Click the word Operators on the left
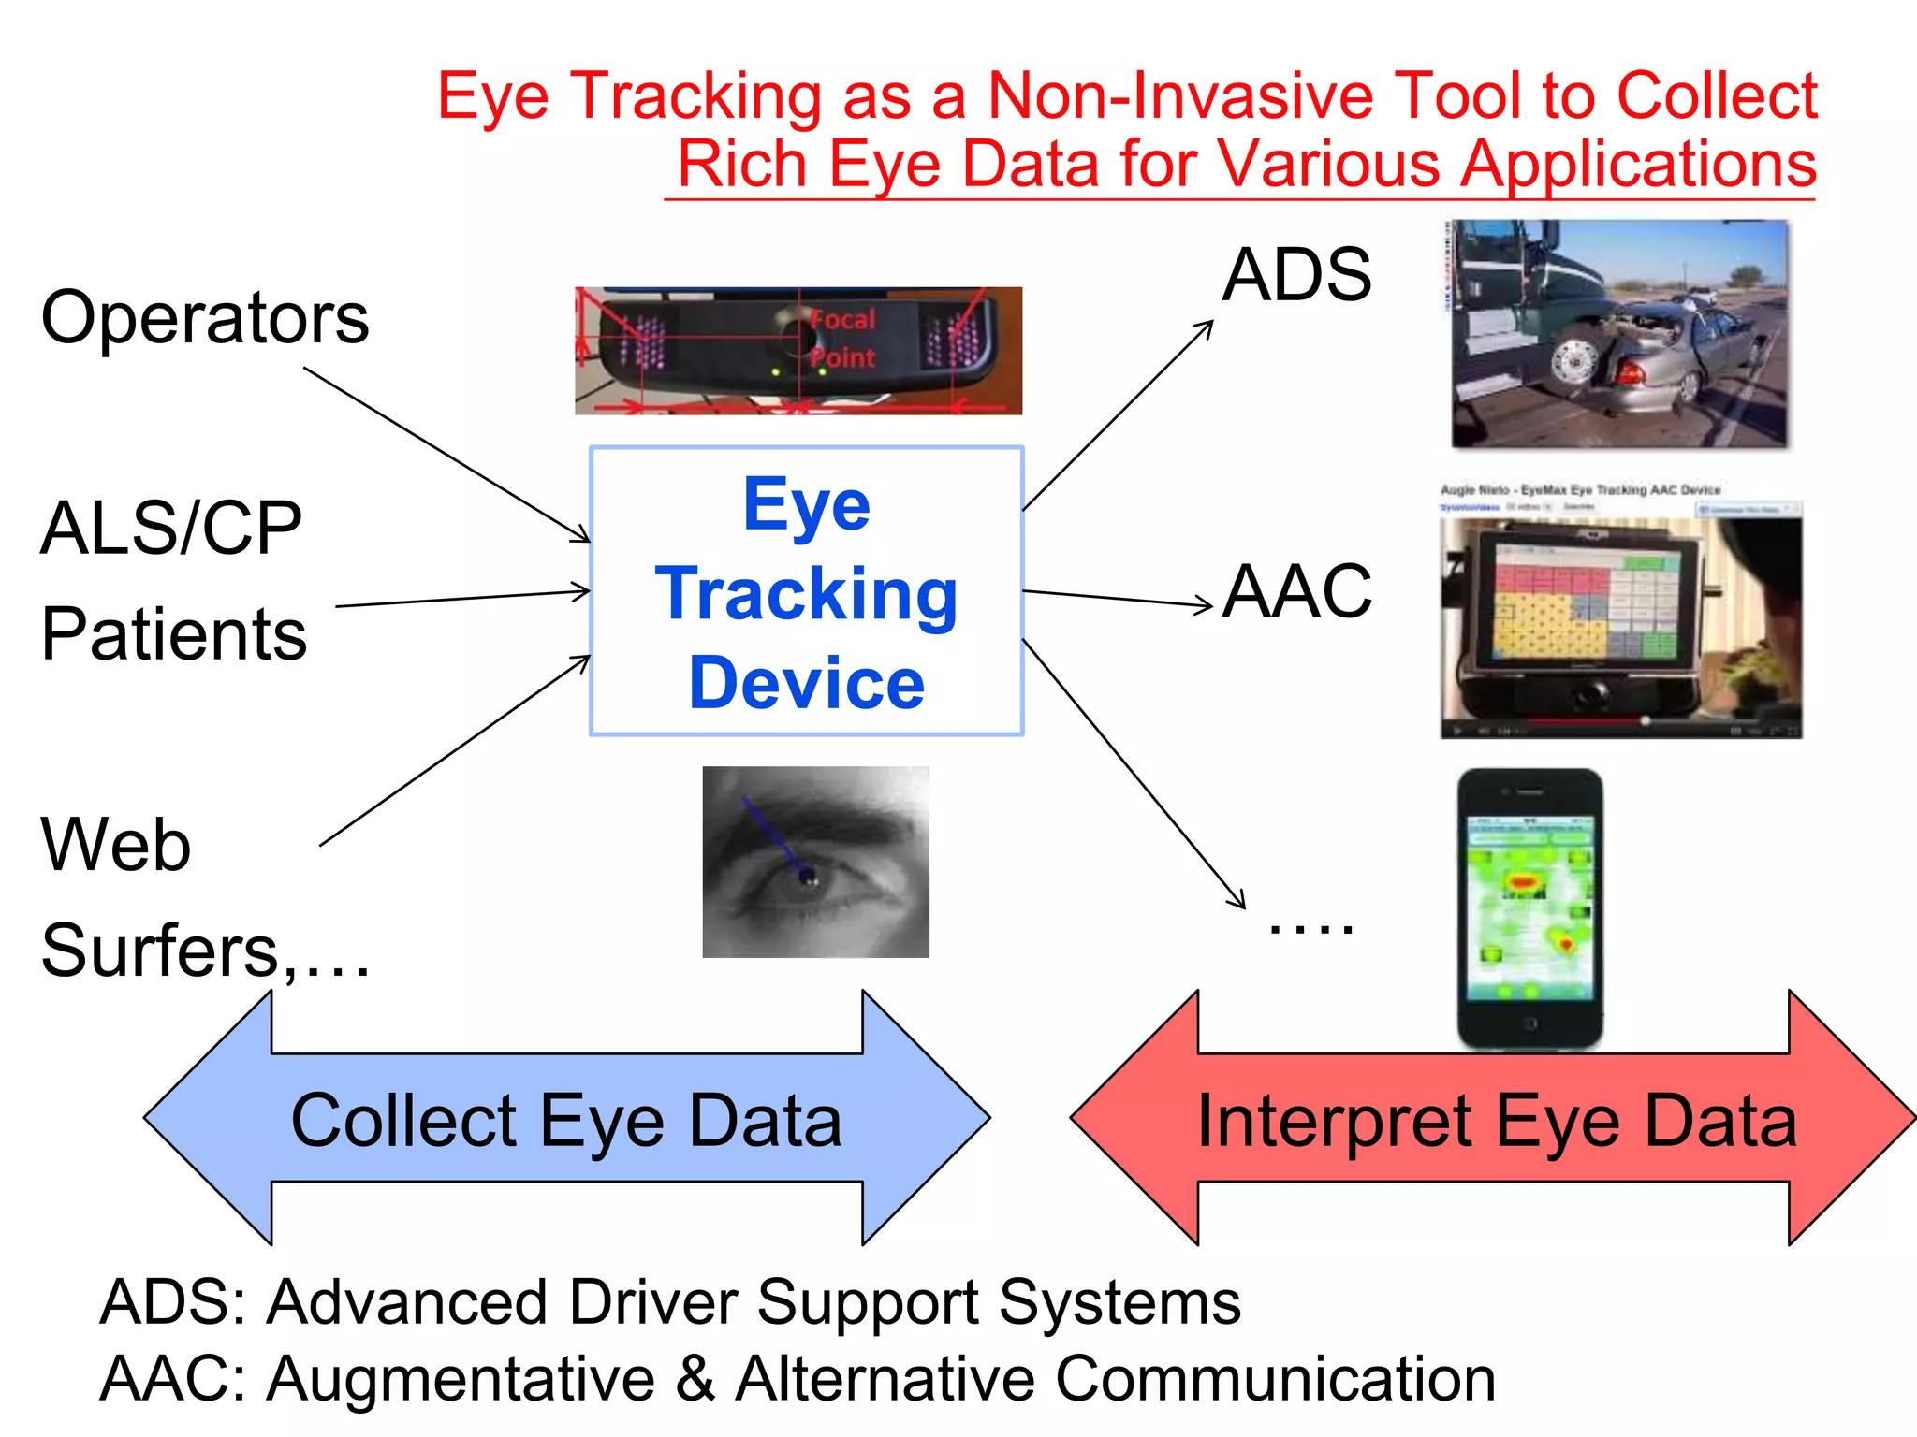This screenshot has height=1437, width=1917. pyautogui.click(x=205, y=318)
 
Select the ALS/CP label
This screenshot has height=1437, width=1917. pyautogui.click(x=171, y=529)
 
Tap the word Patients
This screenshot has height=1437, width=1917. pyautogui.click(x=174, y=634)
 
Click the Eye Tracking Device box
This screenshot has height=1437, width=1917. pyautogui.click(x=806, y=591)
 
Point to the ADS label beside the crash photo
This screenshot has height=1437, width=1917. pyautogui.click(x=1296, y=275)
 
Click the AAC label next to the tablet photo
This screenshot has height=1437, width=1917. pyautogui.click(x=1297, y=591)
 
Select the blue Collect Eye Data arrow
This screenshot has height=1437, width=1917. pyautogui.click(x=566, y=1119)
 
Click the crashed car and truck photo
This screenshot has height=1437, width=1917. pyautogui.click(x=1619, y=334)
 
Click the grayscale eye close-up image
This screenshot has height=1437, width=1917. pyautogui.click(x=815, y=862)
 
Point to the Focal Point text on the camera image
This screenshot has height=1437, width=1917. pyautogui.click(x=842, y=339)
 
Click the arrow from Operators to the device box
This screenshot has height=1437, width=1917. pyautogui.click(x=447, y=455)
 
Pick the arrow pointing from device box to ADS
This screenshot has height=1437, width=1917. pyautogui.click(x=1118, y=416)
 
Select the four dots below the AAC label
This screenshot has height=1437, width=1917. pyautogui.click(x=1310, y=927)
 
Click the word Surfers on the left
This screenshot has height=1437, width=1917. pyautogui.click(x=160, y=951)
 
